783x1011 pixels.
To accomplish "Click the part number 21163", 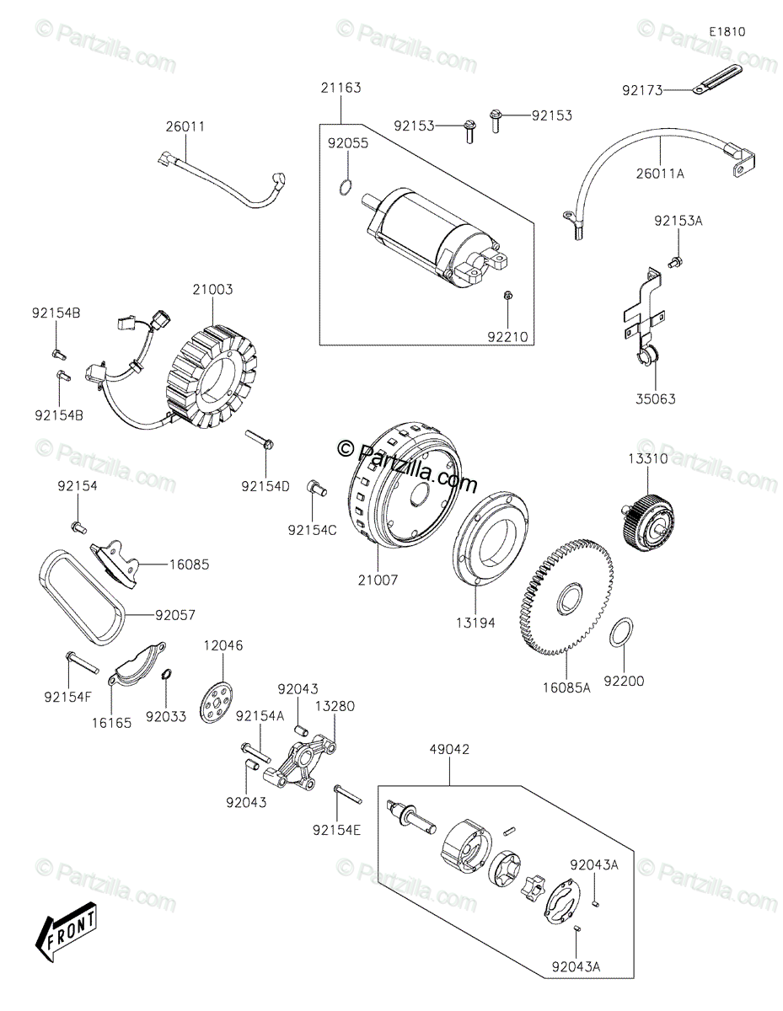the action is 341,88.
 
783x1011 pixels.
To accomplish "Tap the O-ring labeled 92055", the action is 344,188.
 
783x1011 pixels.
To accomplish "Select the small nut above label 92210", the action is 508,295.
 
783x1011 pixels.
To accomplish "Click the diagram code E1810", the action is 727,32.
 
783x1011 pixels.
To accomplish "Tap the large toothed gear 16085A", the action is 566,596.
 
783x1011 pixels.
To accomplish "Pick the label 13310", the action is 647,459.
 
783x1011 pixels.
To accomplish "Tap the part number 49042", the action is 449,750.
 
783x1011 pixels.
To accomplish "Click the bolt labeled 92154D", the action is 260,440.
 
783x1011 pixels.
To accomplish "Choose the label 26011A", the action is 660,174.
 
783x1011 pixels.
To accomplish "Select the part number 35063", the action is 656,399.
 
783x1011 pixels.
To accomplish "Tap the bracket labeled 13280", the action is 300,763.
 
